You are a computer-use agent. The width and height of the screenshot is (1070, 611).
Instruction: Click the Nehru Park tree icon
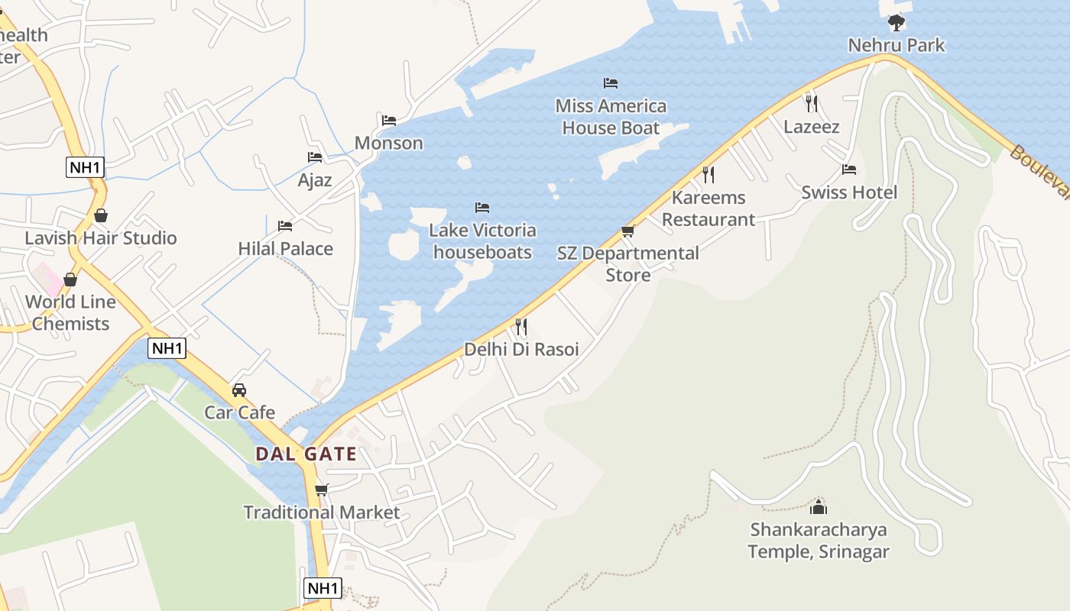pyautogui.click(x=897, y=22)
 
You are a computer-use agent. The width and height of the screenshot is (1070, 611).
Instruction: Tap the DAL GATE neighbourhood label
pyautogui.click(x=306, y=454)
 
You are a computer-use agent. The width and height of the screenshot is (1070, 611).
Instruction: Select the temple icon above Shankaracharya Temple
pyautogui.click(x=819, y=506)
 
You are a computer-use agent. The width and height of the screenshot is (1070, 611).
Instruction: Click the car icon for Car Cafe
pyautogui.click(x=239, y=390)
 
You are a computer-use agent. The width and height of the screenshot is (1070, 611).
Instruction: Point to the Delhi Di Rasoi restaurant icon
pyautogui.click(x=521, y=327)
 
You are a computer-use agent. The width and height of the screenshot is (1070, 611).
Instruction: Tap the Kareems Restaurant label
pyautogui.click(x=708, y=209)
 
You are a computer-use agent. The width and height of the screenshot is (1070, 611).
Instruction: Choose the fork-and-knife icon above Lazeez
pyautogui.click(x=812, y=103)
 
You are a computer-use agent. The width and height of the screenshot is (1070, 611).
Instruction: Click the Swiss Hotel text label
pyautogui.click(x=849, y=192)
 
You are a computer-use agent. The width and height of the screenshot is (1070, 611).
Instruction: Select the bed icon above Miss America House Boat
pyautogui.click(x=611, y=82)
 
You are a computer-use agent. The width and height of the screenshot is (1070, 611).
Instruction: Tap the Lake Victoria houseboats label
pyautogui.click(x=482, y=241)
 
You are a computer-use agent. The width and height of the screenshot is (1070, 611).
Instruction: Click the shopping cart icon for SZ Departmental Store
pyautogui.click(x=628, y=231)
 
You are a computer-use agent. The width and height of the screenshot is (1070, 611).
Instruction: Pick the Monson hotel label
pyautogui.click(x=388, y=143)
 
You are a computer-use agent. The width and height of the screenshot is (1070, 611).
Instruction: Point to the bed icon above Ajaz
pyautogui.click(x=315, y=157)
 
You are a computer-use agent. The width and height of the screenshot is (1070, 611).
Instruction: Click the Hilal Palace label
pyautogui.click(x=285, y=248)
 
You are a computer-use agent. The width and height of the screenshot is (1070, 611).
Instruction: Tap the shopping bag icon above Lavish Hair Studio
pyautogui.click(x=101, y=215)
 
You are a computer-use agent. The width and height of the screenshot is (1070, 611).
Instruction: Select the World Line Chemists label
pyautogui.click(x=70, y=312)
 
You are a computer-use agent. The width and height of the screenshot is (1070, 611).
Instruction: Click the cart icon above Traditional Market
pyautogui.click(x=322, y=490)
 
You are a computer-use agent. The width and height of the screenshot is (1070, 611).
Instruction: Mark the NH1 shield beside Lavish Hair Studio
pyautogui.click(x=85, y=167)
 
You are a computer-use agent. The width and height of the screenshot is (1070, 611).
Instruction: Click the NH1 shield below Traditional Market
pyautogui.click(x=323, y=588)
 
